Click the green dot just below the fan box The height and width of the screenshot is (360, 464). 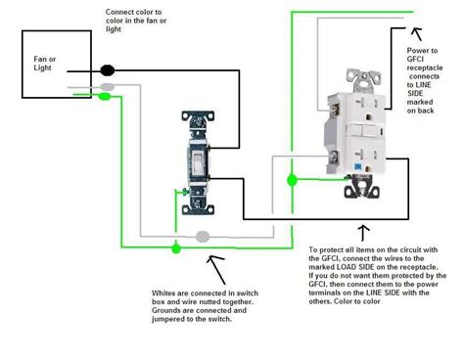click(103, 96)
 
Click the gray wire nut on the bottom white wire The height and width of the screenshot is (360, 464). click(204, 237)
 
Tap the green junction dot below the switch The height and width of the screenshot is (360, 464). click(176, 248)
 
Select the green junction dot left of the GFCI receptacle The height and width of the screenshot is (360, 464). click(291, 179)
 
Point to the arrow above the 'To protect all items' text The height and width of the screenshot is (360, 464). click(364, 233)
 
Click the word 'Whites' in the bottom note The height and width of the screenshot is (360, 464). click(167, 292)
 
